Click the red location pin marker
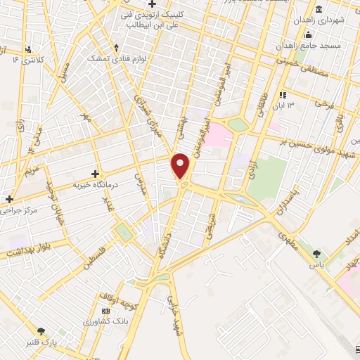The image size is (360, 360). point(181,166)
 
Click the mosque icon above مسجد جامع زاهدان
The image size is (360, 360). point(307,34)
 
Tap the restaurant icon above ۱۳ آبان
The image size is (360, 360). point(283,95)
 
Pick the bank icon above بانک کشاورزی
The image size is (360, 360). point(106,311)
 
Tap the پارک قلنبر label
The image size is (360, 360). point(39,342)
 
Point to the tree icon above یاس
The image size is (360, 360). point(318,254)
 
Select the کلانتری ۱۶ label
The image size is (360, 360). point(28,60)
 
